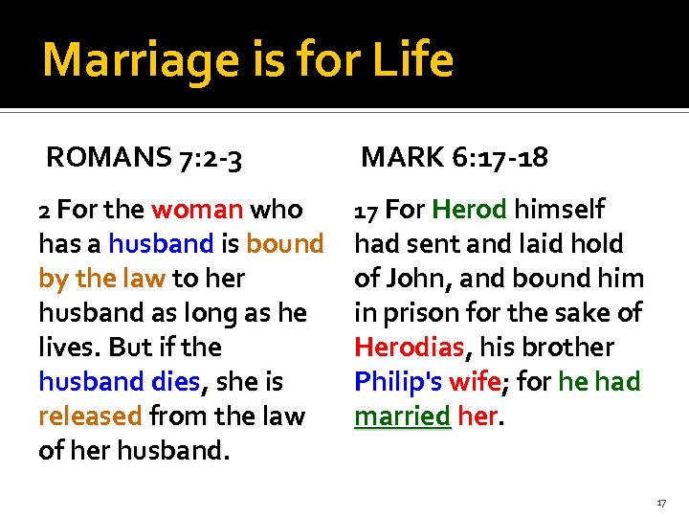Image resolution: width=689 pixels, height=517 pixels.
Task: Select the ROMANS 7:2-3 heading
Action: click(144, 157)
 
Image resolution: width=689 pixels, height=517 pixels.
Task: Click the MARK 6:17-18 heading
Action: click(455, 157)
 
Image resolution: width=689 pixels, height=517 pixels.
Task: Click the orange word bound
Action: click(284, 244)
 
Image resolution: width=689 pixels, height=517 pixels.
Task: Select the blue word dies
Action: click(175, 382)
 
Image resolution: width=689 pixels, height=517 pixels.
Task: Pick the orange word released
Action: click(91, 416)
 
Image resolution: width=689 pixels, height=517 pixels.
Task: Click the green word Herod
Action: click(468, 210)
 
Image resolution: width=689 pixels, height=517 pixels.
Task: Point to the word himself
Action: click(559, 210)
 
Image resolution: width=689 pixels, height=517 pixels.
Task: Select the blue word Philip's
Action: click(397, 382)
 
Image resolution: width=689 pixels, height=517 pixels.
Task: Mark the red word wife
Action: click(475, 382)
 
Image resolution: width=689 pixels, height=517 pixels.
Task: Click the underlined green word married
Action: click(402, 416)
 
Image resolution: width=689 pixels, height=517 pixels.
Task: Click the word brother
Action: click(567, 348)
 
